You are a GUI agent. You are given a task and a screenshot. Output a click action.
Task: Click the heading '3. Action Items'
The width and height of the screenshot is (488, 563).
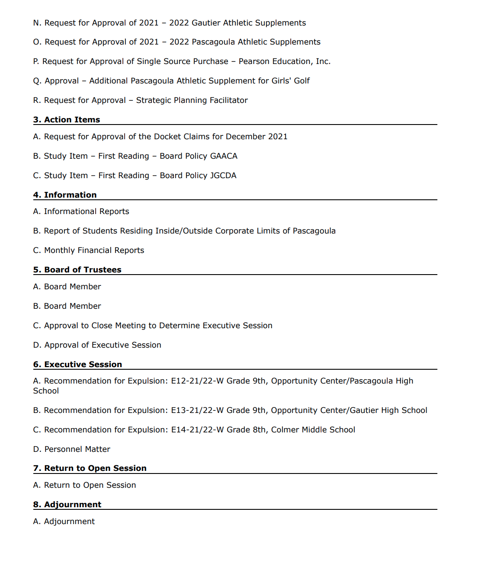[x=67, y=120]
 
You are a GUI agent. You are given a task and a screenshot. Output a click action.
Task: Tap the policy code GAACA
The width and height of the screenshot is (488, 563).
[x=224, y=156]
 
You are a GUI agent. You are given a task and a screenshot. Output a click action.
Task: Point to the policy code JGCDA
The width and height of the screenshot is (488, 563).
[x=223, y=176]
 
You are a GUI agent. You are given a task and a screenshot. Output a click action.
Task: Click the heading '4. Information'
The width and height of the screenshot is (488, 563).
[x=65, y=195]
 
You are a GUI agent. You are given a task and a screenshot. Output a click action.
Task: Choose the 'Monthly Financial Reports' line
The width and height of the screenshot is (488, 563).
[x=94, y=250]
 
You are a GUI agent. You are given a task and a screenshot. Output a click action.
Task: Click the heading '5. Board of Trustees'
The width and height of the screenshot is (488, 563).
[x=77, y=270]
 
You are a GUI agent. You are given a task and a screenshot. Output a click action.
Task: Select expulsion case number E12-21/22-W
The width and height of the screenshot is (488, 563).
[x=197, y=381]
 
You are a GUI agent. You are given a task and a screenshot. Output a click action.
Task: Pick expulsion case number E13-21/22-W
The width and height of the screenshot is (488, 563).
[x=197, y=410]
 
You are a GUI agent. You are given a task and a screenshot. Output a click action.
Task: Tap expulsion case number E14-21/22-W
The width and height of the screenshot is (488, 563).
[x=197, y=430]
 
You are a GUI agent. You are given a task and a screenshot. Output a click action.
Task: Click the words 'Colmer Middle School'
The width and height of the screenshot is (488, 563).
[x=313, y=430]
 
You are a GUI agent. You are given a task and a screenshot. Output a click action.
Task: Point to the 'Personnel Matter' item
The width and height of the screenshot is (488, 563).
[x=77, y=449]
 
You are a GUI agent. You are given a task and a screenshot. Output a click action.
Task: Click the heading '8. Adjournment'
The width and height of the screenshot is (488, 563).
[x=67, y=505]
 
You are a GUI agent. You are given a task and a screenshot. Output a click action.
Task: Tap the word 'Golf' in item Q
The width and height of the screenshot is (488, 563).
[x=302, y=81]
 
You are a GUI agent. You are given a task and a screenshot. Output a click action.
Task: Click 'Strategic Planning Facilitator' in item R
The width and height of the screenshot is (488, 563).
[x=192, y=100]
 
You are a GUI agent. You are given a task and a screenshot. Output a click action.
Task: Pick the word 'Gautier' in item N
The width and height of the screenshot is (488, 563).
[x=206, y=23]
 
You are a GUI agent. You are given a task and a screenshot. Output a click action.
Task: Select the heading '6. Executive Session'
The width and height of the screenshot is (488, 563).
[x=78, y=365]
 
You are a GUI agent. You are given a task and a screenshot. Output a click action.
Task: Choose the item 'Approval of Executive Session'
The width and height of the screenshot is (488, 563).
[x=103, y=345]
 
